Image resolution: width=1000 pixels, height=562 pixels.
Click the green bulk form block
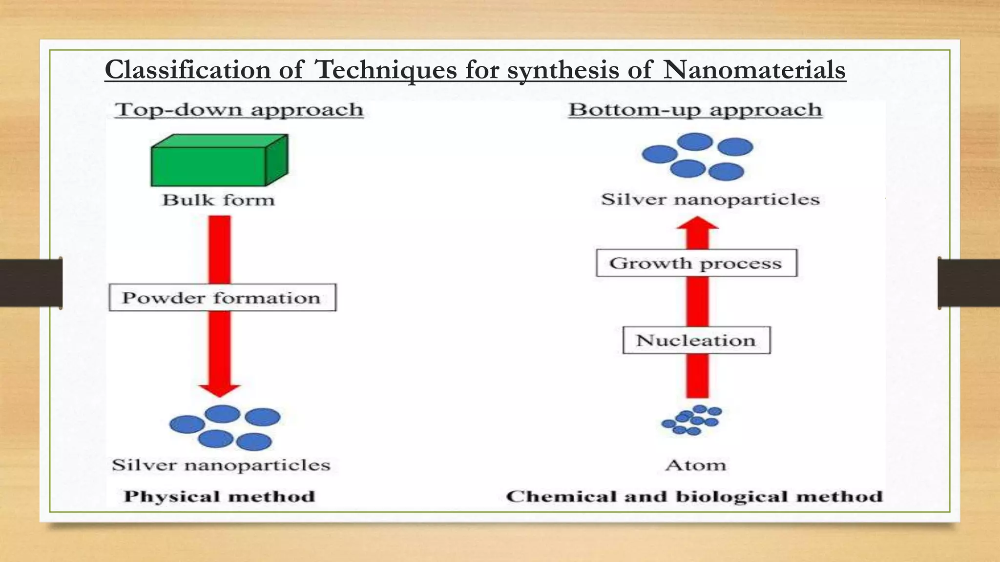219,161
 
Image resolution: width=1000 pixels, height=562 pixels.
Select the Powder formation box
222,298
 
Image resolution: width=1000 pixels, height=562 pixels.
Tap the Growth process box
696,263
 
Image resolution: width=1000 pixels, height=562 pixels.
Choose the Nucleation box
696,340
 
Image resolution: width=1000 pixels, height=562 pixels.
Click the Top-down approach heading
239,110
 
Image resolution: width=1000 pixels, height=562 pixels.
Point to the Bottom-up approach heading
695,110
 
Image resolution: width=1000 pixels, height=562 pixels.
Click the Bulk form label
218,200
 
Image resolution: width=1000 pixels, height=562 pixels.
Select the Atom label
695,465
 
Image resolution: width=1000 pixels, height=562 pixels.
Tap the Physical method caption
219,497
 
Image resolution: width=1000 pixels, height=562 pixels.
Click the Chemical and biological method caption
694,497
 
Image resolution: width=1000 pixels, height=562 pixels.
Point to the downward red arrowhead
220,389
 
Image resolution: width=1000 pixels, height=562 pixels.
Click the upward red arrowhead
697,223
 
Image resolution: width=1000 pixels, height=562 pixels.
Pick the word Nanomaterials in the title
754,70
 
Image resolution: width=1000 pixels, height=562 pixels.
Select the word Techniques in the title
386,70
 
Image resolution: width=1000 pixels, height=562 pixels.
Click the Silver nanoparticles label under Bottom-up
710,200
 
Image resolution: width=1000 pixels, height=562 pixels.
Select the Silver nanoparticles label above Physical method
221,465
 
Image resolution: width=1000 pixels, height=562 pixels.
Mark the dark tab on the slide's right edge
969,283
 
